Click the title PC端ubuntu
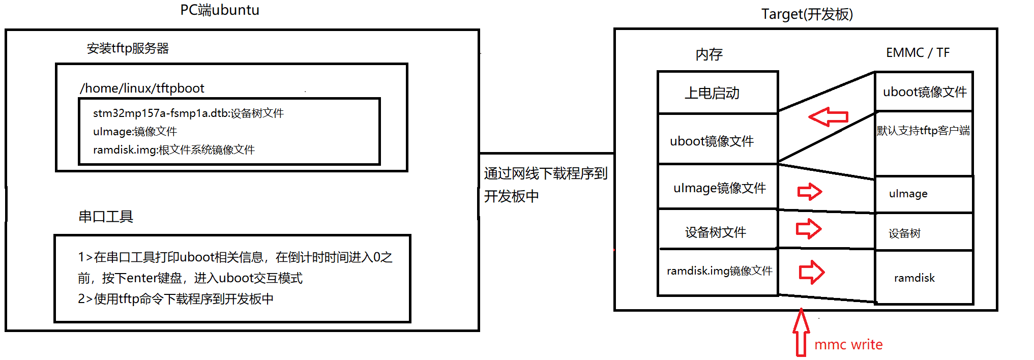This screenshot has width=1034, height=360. (x=220, y=10)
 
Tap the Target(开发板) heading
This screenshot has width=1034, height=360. (x=807, y=14)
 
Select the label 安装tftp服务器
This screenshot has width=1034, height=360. (x=128, y=48)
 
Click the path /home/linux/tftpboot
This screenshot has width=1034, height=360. (x=142, y=88)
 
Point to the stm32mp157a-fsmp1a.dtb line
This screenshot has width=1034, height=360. (x=188, y=113)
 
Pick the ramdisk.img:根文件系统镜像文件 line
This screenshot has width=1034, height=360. (x=173, y=150)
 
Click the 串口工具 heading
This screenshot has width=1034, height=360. (x=106, y=217)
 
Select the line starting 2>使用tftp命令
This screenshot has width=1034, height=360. (x=175, y=299)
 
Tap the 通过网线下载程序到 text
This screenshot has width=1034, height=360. (x=546, y=174)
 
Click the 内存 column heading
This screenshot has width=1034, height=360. (x=709, y=54)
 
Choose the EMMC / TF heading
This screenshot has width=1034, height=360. (x=918, y=53)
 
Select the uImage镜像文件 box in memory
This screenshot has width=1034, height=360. (x=719, y=188)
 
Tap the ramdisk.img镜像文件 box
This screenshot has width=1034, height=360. (x=719, y=271)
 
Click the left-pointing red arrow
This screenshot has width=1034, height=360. (x=828, y=117)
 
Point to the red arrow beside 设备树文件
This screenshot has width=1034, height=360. (x=809, y=229)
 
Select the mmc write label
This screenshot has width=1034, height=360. (x=848, y=345)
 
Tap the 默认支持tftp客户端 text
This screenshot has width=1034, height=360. (x=923, y=131)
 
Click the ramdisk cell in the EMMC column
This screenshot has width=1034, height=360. (x=914, y=278)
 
